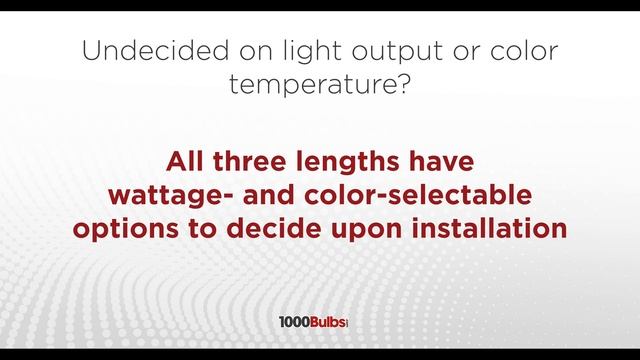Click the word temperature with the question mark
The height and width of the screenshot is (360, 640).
tap(320, 87)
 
